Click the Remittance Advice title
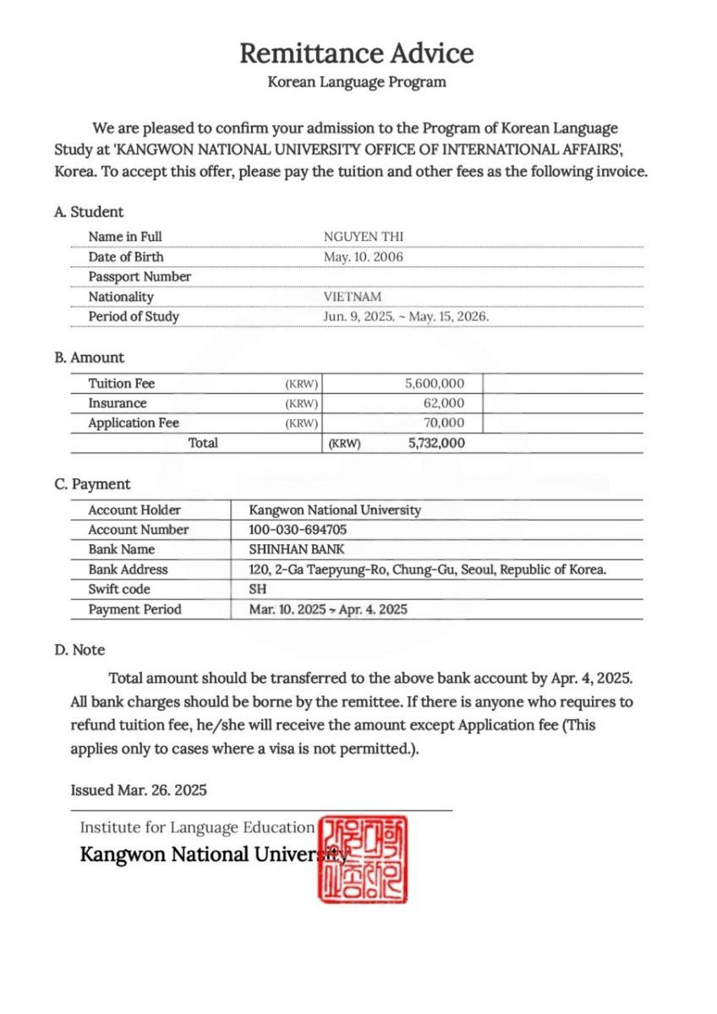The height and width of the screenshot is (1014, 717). tap(356, 53)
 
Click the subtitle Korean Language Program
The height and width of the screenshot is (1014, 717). tap(356, 82)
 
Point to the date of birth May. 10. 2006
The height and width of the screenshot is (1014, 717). tap(364, 257)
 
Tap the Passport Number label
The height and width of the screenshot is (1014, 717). tap(140, 276)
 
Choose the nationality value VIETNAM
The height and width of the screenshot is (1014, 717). tap(352, 297)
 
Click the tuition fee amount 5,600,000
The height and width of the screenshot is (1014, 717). tap(435, 384)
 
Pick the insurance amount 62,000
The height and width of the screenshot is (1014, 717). tap(444, 403)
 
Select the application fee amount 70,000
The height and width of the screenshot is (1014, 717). tap(444, 423)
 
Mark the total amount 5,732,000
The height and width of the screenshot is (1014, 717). tap(435, 443)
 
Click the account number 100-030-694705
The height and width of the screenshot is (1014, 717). tap(298, 530)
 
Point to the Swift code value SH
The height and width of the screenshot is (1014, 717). tap(257, 589)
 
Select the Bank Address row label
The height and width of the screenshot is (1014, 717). tap(128, 570)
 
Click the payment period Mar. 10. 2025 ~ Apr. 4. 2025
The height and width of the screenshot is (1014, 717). tap(327, 609)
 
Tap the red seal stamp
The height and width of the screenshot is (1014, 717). tap(362, 858)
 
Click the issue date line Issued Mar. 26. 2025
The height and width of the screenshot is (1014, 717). tap(139, 790)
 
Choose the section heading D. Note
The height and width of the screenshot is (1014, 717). tap(79, 650)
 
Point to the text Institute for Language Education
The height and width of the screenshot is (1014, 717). tap(197, 827)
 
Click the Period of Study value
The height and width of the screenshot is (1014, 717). tap(406, 317)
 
